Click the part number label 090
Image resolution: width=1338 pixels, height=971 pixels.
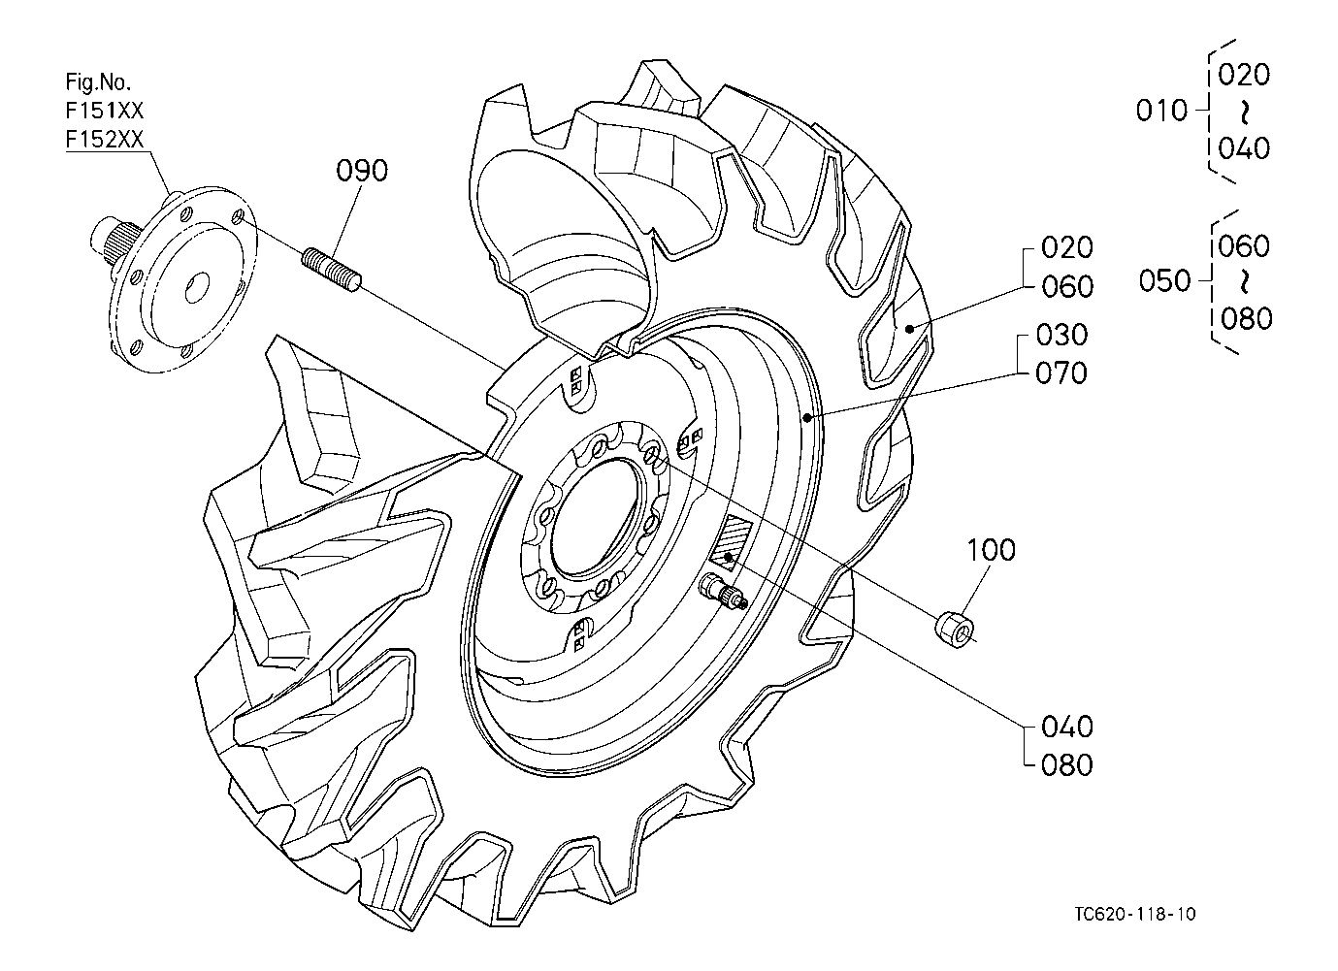362,171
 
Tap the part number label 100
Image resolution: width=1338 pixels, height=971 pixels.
991,550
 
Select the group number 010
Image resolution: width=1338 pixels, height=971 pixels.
1161,111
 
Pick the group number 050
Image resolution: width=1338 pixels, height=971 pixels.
1164,281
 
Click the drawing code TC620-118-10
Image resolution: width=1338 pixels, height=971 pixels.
1134,914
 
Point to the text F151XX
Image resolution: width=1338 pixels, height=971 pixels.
105,109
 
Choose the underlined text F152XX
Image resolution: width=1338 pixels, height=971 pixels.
105,139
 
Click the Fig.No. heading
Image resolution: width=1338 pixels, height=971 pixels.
98,81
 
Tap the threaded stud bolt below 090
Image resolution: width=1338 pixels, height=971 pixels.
333,269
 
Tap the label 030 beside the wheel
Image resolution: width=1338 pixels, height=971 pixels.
1061,335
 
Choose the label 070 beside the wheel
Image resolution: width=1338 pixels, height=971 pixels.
1061,372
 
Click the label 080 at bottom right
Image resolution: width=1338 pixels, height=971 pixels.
1065,765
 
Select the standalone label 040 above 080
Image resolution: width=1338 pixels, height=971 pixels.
1065,727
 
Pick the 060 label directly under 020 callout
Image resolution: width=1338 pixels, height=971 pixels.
1066,286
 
